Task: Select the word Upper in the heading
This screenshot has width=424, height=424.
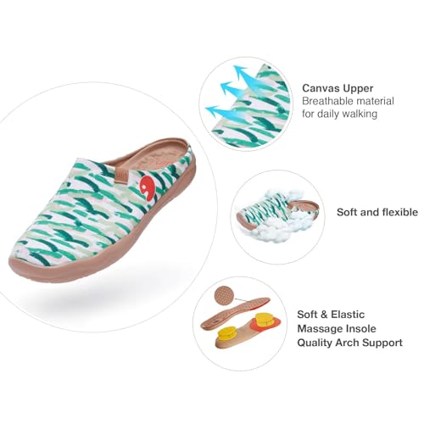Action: click(358, 89)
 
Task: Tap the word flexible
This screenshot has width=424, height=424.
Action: click(400, 212)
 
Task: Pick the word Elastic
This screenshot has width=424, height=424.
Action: click(348, 315)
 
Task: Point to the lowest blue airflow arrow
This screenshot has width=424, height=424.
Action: click(220, 112)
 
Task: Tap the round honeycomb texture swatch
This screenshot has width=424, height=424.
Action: click(224, 295)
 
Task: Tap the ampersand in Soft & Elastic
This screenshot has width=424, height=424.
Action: click(324, 315)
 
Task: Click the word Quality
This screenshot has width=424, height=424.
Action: click(315, 343)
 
